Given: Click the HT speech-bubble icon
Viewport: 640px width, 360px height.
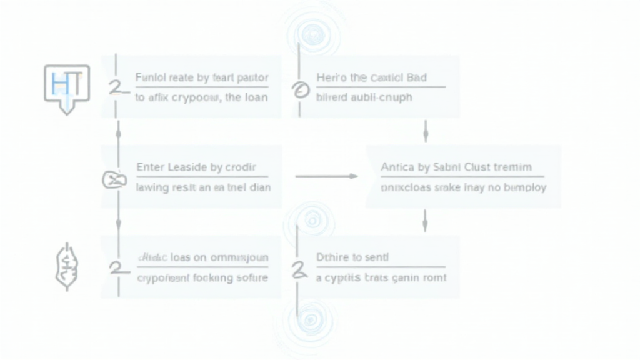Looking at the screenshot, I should pyautogui.click(x=66, y=86).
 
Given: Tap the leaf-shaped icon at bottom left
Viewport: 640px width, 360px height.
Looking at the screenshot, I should pyautogui.click(x=66, y=267).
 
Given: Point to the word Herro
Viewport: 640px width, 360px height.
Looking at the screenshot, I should pyautogui.click(x=331, y=78).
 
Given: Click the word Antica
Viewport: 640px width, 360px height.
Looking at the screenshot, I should pyautogui.click(x=397, y=167).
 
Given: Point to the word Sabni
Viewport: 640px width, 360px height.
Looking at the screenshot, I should pyautogui.click(x=446, y=167).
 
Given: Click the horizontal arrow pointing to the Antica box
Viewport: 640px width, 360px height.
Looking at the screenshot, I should pyautogui.click(x=326, y=177).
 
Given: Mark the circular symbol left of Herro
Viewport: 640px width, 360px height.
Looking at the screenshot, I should pyautogui.click(x=299, y=91).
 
